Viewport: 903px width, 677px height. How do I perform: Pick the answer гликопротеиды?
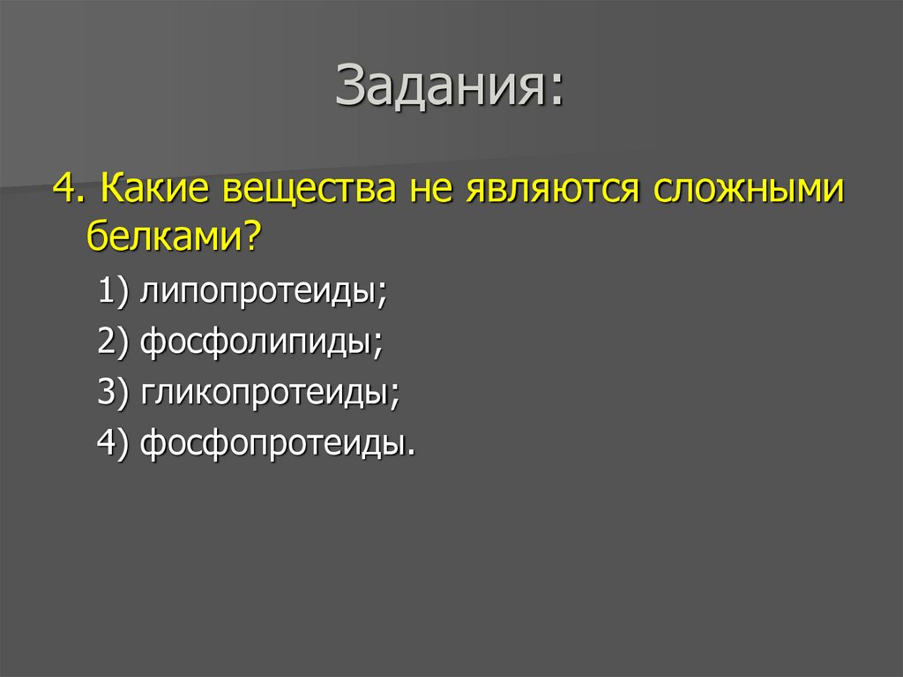pyautogui.click(x=264, y=393)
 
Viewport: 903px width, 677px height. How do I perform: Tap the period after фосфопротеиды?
pyautogui.click(x=410, y=452)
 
